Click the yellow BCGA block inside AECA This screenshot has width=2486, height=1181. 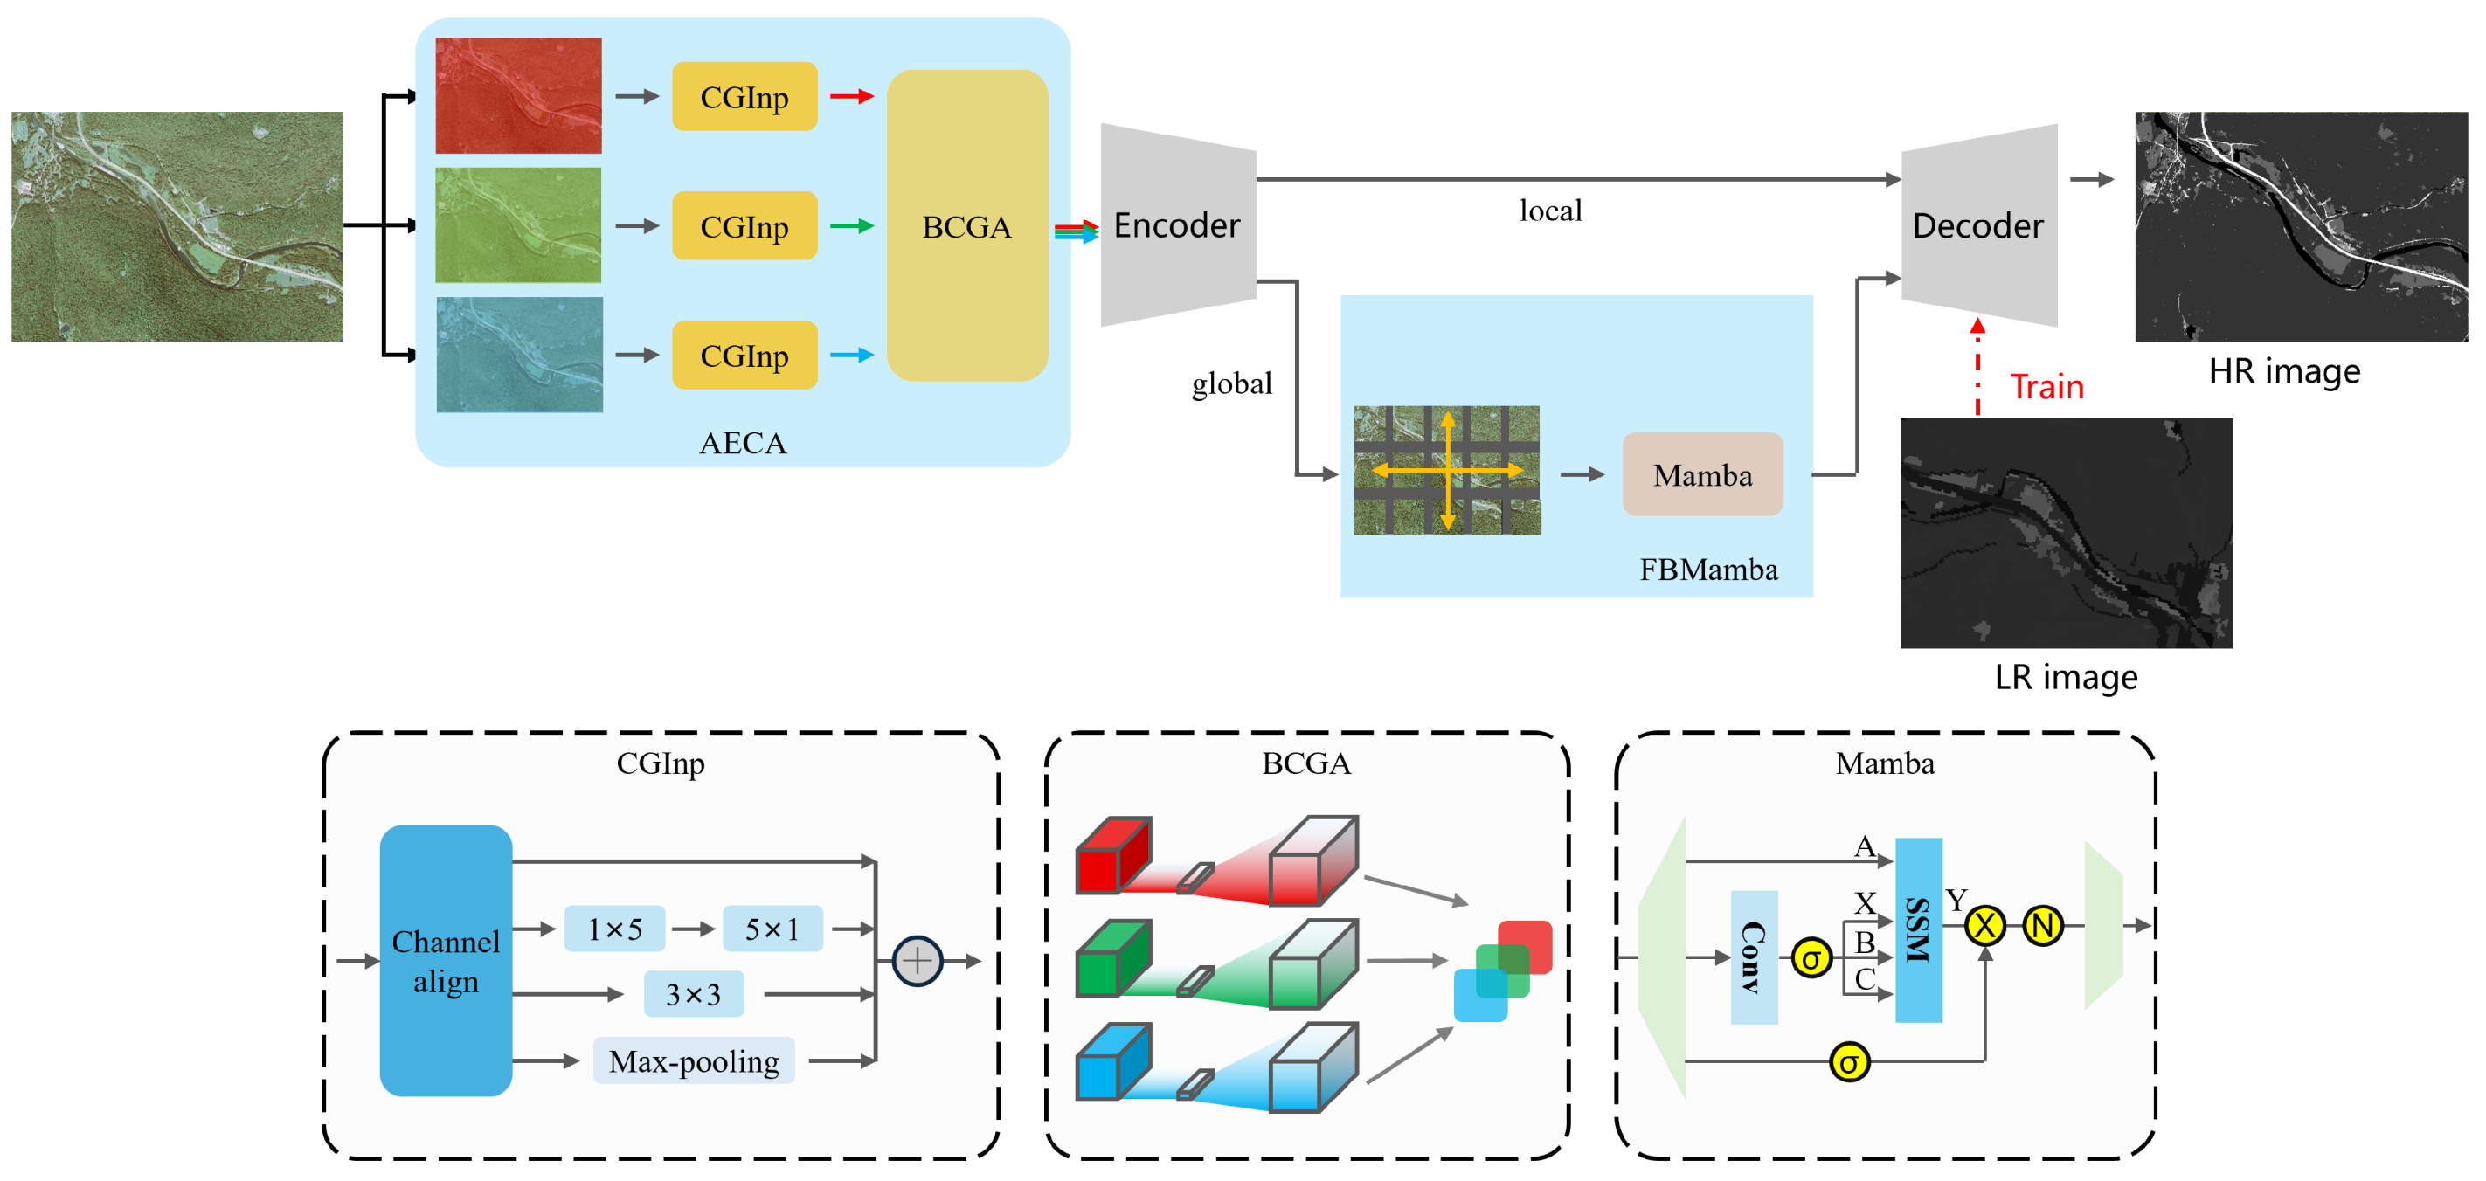click(x=967, y=225)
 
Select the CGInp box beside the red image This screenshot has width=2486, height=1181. click(x=744, y=96)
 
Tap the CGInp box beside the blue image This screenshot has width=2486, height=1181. click(x=744, y=355)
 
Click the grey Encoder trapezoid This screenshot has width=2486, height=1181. click(x=1177, y=224)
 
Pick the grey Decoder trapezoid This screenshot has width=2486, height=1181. click(x=1978, y=224)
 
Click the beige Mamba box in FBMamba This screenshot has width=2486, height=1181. click(x=1702, y=474)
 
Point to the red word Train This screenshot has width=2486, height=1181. click(x=2046, y=387)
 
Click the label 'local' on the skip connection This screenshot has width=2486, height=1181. click(x=1550, y=211)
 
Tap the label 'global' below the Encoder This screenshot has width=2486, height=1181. click(x=1231, y=384)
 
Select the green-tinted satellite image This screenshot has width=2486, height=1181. click(x=518, y=224)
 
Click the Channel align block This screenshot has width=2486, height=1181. click(x=446, y=960)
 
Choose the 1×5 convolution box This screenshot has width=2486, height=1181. click(x=615, y=929)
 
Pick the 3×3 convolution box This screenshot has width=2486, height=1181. click(x=693, y=994)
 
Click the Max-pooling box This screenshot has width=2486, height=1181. click(x=693, y=1060)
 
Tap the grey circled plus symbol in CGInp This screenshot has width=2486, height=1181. click(x=917, y=960)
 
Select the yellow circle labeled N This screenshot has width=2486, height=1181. click(x=2042, y=926)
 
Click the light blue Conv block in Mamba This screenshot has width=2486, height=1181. click(x=1754, y=957)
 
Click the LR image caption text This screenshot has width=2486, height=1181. click(x=2065, y=677)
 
